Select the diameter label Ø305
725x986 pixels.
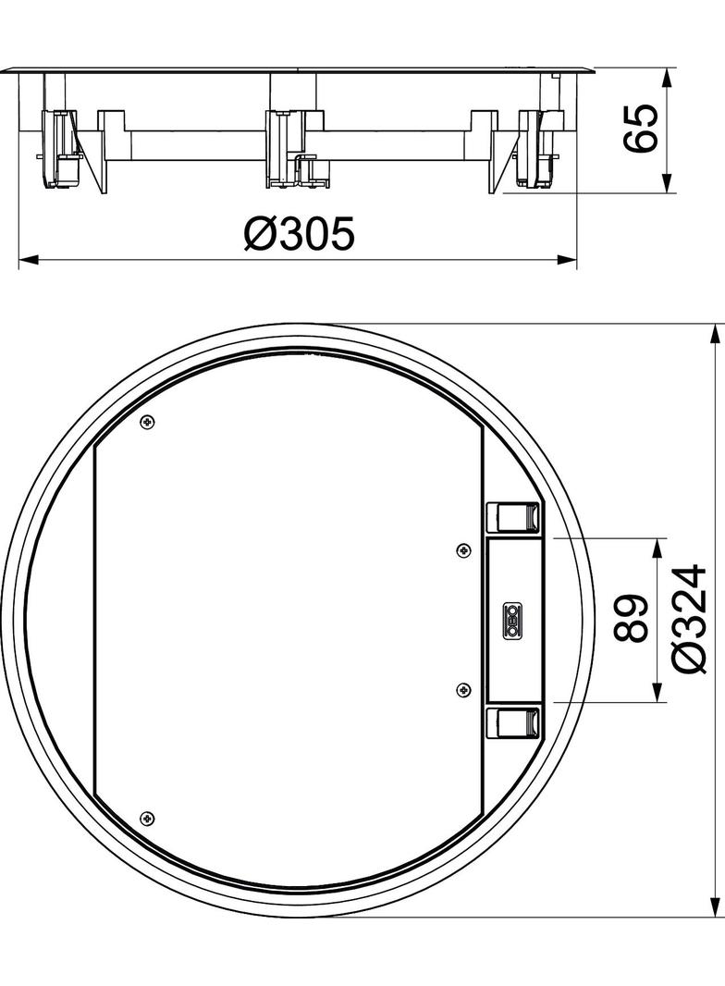(299, 235)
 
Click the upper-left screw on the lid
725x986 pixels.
(147, 422)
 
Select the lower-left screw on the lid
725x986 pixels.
(145, 818)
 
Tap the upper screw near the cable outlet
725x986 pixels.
(463, 550)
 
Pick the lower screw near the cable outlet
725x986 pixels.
(463, 689)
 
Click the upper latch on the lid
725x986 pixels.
(512, 516)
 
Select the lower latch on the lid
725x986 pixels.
(512, 722)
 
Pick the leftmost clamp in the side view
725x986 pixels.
(59, 148)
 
